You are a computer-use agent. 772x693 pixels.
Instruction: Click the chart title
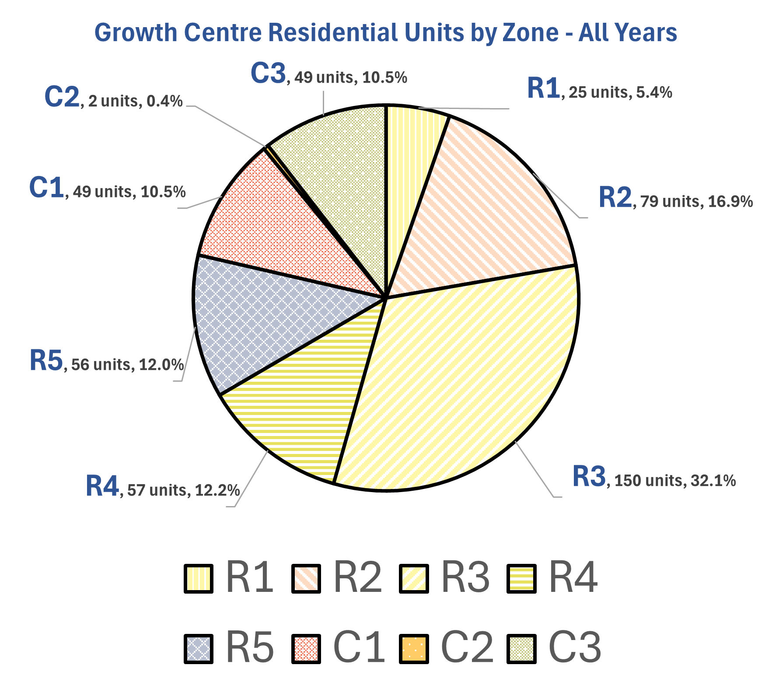(385, 33)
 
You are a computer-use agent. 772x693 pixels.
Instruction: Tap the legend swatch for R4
(521, 579)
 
